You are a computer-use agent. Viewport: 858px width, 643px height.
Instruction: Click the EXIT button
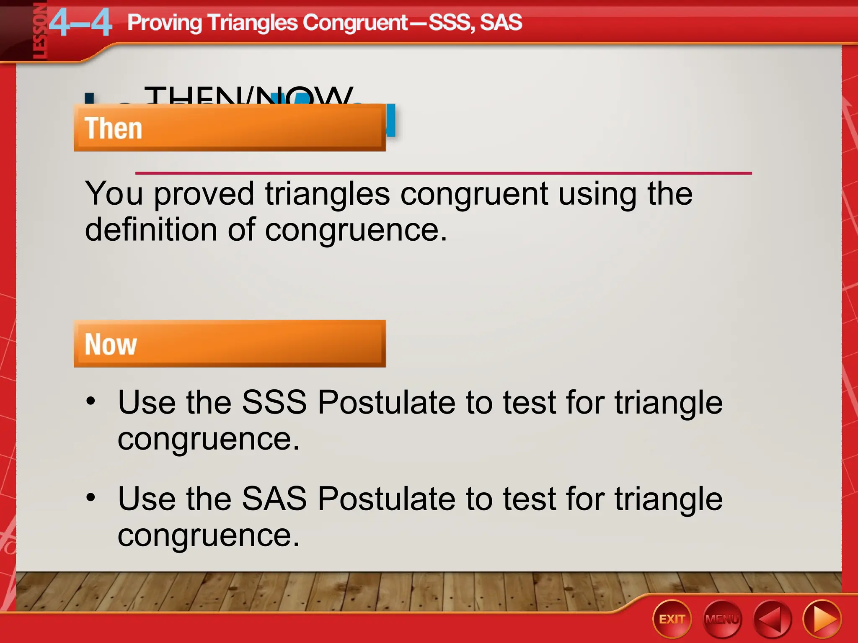click(672, 619)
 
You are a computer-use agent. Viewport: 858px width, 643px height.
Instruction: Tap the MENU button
click(722, 619)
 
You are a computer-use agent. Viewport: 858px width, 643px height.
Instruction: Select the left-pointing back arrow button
click(772, 620)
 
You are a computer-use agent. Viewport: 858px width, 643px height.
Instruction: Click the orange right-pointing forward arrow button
click(822, 620)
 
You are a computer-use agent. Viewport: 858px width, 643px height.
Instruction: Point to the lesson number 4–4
click(80, 23)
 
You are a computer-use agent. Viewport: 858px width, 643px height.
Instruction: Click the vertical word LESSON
click(40, 31)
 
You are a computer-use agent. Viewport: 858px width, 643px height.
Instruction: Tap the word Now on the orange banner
click(111, 345)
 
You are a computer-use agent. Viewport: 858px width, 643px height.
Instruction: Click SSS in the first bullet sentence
click(274, 402)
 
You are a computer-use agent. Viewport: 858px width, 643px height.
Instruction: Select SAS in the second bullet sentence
click(274, 499)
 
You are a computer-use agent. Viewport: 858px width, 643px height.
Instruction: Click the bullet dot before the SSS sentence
click(90, 401)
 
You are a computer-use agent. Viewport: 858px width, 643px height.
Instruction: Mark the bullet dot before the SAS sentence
click(90, 497)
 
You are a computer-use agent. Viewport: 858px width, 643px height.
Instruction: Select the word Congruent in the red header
click(355, 23)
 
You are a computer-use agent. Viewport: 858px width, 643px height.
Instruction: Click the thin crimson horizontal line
click(443, 173)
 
